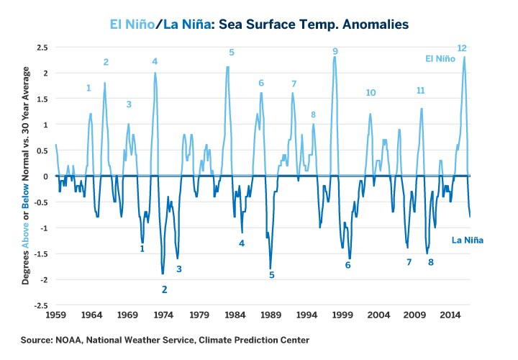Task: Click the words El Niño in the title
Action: pos(133,24)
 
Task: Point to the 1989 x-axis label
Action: pos(271,315)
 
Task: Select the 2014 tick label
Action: pos(450,315)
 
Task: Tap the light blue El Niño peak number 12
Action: pos(462,48)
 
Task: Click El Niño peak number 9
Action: pos(335,51)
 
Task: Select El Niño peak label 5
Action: pos(232,53)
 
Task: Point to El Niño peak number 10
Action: pos(371,93)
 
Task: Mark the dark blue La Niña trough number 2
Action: pos(164,289)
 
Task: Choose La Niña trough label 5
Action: pos(272,274)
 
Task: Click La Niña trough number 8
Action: pos(431,262)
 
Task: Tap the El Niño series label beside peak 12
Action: pos(440,58)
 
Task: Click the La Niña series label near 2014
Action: pos(466,240)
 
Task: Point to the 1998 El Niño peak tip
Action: pos(335,57)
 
